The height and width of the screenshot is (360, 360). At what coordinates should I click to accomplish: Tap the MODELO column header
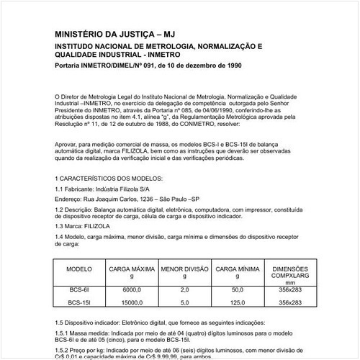coord(78,268)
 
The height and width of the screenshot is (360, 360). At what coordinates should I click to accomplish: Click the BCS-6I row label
coord(78,289)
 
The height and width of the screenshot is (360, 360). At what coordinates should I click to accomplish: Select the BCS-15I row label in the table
coord(78,302)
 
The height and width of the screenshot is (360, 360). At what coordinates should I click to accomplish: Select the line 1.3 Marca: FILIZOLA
coord(85,225)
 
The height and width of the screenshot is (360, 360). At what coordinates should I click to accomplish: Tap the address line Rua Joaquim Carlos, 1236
coord(127,197)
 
